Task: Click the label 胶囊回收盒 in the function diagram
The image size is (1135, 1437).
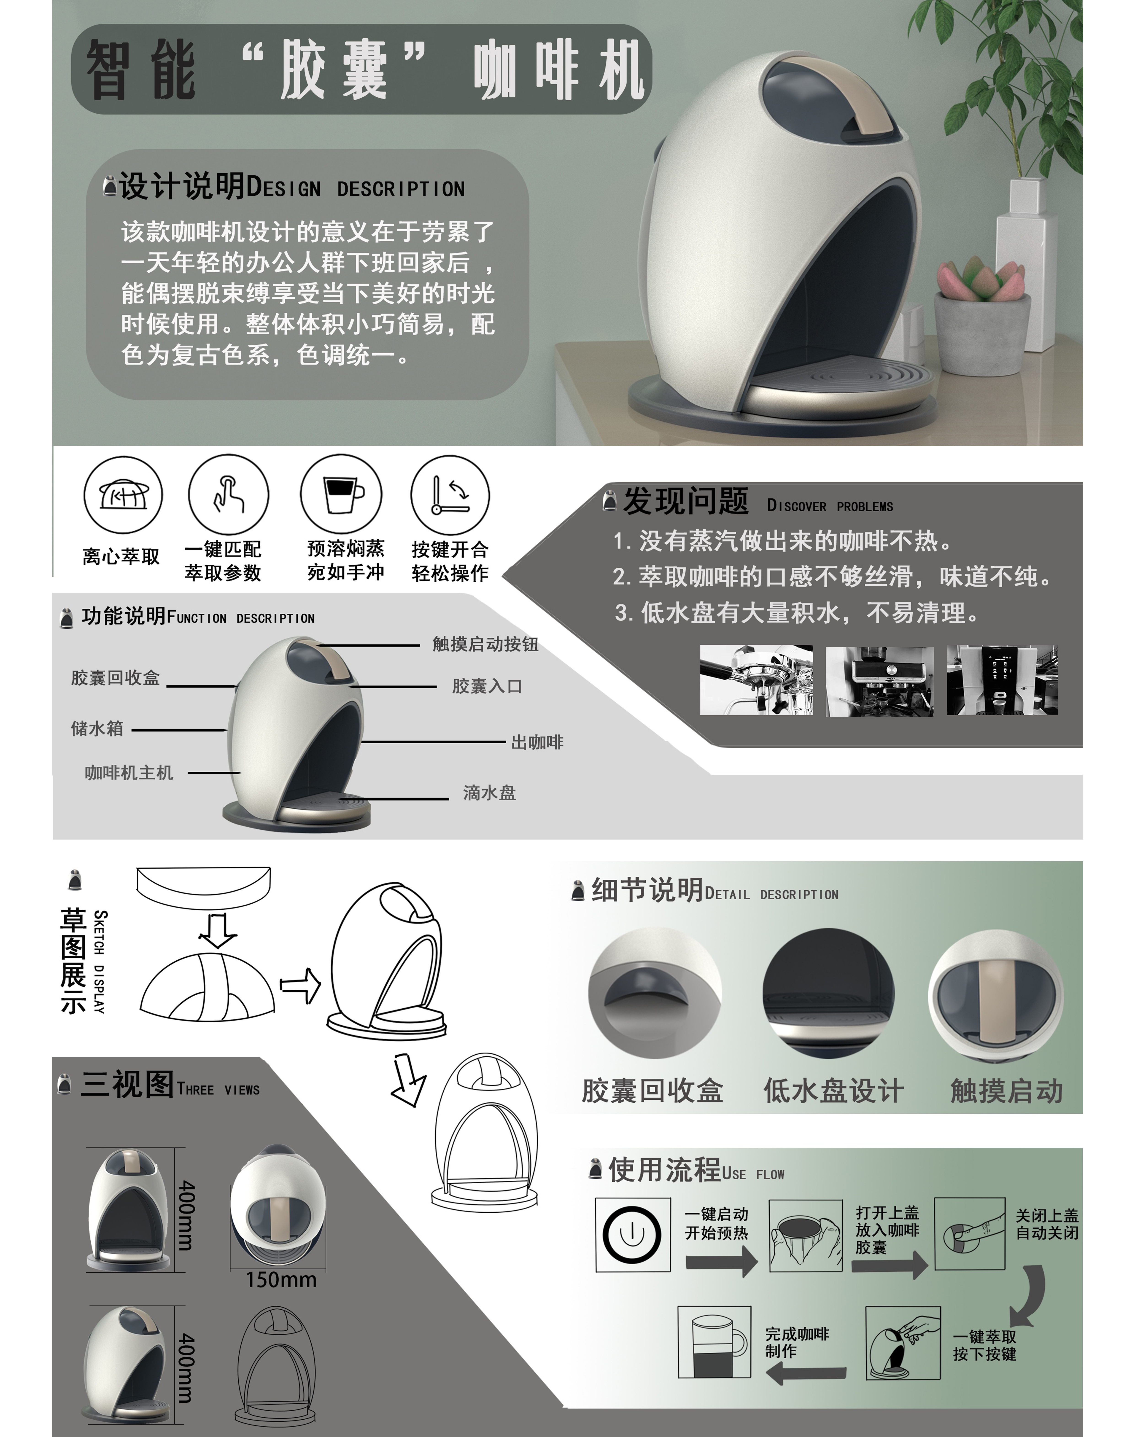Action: point(116,678)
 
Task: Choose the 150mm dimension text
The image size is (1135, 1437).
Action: point(281,1280)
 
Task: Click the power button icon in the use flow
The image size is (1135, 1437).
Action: point(632,1235)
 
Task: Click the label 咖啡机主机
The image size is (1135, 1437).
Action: point(129,773)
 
